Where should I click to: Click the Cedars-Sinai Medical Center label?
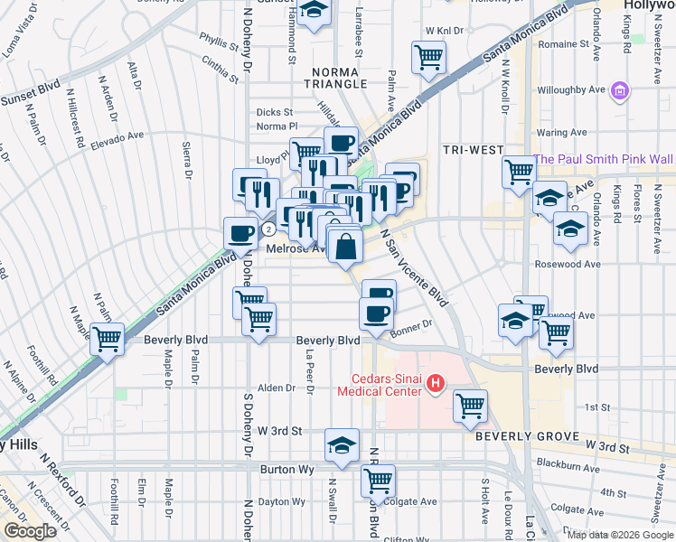coord(380,385)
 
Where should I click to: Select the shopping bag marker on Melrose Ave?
coord(346,245)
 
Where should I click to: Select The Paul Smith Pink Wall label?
coord(604,159)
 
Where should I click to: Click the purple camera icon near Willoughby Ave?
coord(619,91)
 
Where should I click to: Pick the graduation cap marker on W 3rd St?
coord(342,444)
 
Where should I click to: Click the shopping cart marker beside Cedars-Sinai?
coord(471,406)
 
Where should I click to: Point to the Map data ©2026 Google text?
coord(619,534)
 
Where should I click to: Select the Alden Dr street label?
coord(277,388)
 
